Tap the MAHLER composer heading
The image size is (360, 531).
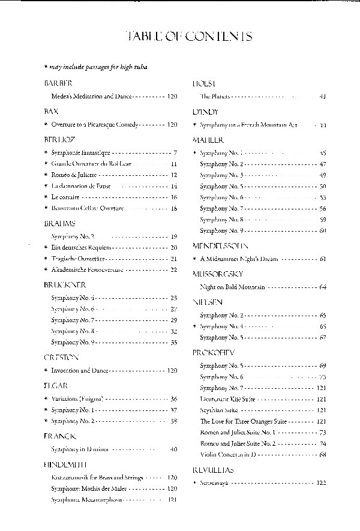205,140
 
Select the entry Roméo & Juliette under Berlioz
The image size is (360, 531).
73,175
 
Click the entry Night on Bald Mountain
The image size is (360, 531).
232,287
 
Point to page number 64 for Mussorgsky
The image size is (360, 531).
322,287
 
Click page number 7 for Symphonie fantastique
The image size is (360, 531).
174,153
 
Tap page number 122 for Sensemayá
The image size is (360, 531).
321,482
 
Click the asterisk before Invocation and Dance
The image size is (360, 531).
46,371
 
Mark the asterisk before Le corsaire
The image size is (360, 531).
46,197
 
